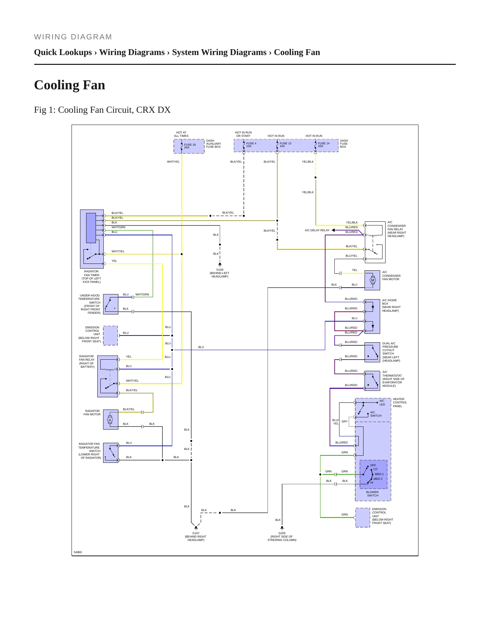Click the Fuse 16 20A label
tap(190, 146)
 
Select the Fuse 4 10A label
tap(251, 145)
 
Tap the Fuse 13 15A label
tap(286, 145)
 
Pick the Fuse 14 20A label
tap(324, 145)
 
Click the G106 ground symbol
tap(220, 264)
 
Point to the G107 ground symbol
tap(196, 528)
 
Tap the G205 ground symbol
tap(282, 528)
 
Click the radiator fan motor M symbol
tap(110, 420)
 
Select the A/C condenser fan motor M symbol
tap(373, 280)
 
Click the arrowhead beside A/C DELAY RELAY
tap(333, 230)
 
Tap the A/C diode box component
tap(372, 316)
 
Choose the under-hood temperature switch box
tap(111, 304)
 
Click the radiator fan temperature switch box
tap(111, 453)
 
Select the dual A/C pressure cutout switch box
tap(372, 352)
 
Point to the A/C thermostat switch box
tap(372, 381)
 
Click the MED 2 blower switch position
tap(378, 479)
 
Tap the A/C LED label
tap(382, 403)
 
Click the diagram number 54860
tap(78, 552)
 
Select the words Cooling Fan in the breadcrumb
tap(297, 52)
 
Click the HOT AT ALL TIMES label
tap(181, 134)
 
